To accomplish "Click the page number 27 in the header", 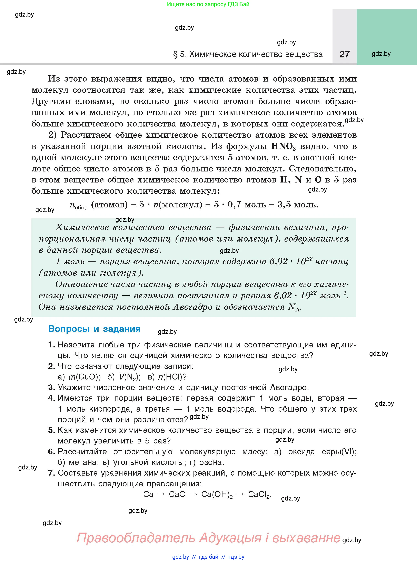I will [x=345, y=54].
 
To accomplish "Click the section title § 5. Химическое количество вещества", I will [x=248, y=54].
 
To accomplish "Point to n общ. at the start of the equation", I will [x=78, y=205].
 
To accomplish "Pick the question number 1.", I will [x=51, y=345].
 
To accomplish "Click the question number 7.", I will [x=51, y=473].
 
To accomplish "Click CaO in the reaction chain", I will [x=177, y=494].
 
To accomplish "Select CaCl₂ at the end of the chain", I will [x=259, y=495].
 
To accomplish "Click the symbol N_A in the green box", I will [x=294, y=307].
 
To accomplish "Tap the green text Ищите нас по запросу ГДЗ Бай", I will [x=208, y=4].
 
